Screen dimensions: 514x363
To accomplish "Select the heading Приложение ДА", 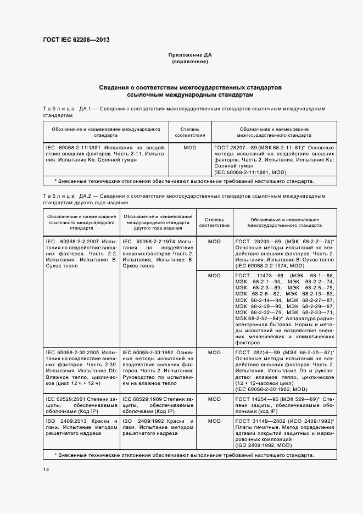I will [190, 55].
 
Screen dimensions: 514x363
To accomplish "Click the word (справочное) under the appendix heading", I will [190, 62].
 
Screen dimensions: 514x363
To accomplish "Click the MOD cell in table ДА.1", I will [190, 148].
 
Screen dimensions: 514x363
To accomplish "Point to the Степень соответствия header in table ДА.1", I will [190, 132].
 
